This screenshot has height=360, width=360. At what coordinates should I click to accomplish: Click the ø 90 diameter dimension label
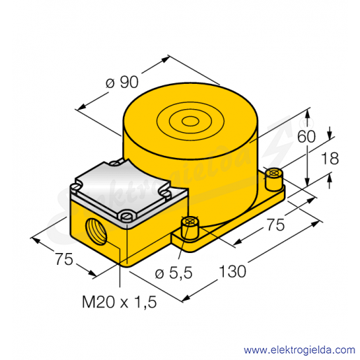[x=122, y=82]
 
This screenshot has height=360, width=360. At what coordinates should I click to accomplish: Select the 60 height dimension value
[x=306, y=136]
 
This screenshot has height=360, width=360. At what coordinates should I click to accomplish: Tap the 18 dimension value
[x=330, y=159]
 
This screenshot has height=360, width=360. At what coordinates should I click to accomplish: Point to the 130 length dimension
[x=233, y=271]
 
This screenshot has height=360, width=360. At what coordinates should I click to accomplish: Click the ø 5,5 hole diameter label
[x=174, y=273]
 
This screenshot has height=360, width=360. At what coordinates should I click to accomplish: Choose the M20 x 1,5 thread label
[x=120, y=302]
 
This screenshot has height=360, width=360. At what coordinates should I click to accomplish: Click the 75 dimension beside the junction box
[x=64, y=259]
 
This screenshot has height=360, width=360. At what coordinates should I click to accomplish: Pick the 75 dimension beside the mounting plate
[x=275, y=225]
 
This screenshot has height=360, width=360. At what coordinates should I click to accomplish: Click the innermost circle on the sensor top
[x=190, y=122]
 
